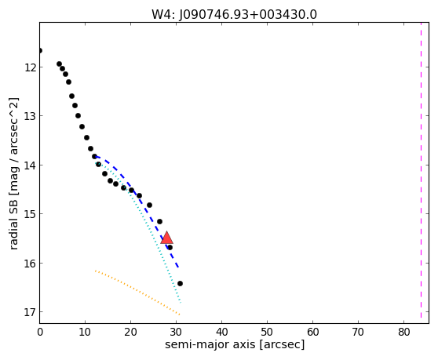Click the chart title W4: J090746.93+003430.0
(x=234, y=14)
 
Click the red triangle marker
(x=166, y=238)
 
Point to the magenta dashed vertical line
(x=421, y=170)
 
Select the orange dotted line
(x=137, y=293)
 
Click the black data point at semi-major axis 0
(x=40, y=50)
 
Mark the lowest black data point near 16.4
(x=180, y=284)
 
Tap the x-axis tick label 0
(x=40, y=332)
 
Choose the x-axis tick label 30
(x=176, y=332)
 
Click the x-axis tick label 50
(x=267, y=332)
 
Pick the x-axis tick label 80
(x=403, y=332)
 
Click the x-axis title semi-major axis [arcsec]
(x=235, y=344)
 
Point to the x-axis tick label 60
(x=312, y=332)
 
